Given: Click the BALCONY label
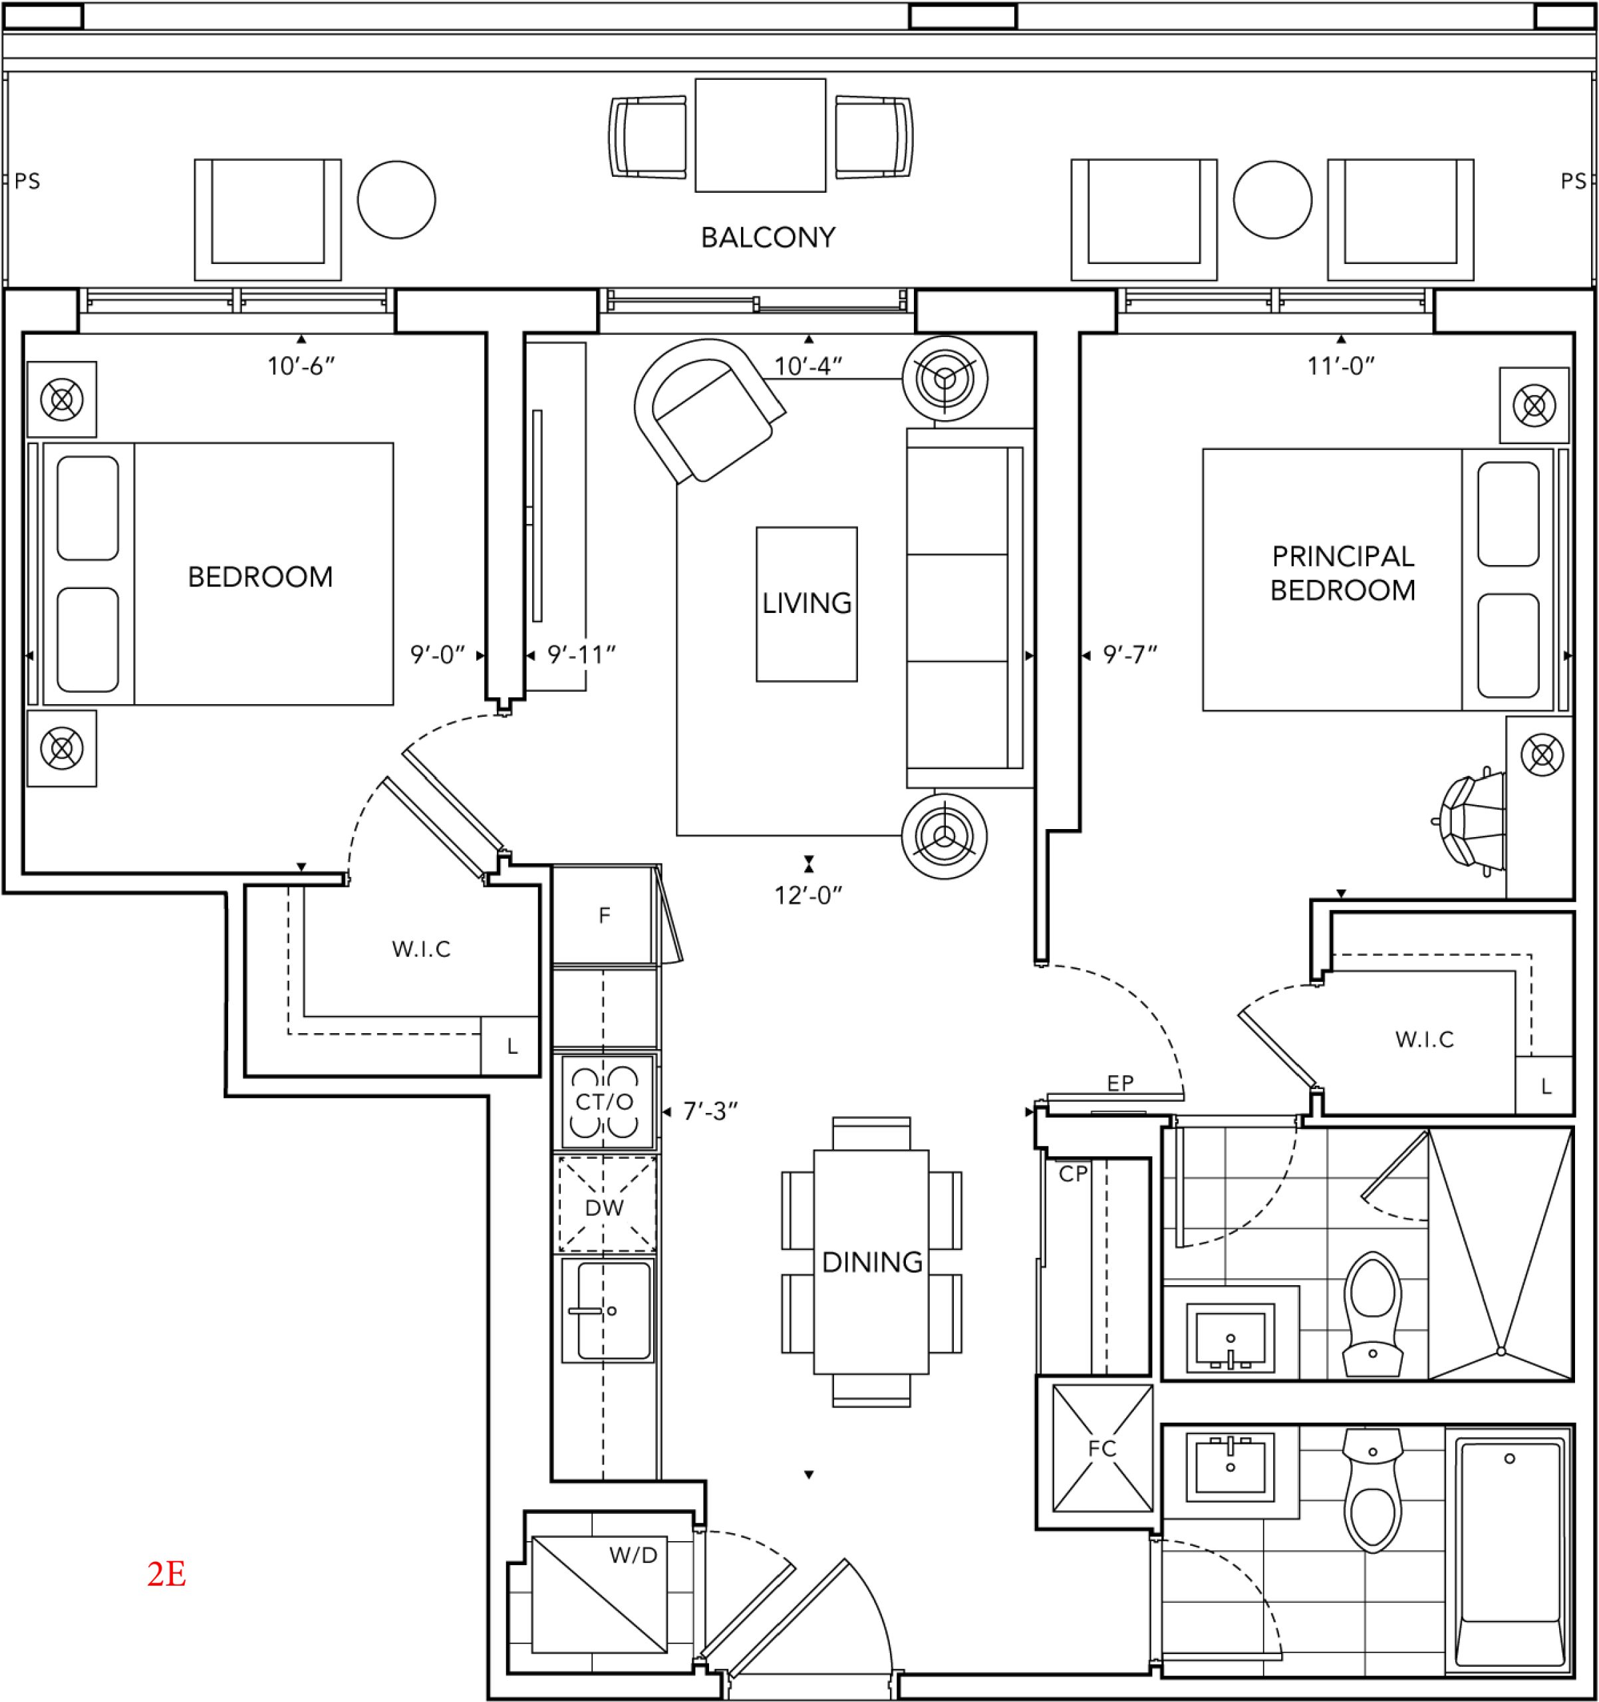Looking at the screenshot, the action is coord(768,237).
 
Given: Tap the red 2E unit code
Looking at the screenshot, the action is coord(167,1574).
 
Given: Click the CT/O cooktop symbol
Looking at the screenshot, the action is coord(605,1101).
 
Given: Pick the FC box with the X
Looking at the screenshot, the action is coord(1102,1449).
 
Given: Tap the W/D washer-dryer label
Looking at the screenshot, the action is coord(634,1556).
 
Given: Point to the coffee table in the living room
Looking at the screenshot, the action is coord(807,604).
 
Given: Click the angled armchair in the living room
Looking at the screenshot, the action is coord(708,410).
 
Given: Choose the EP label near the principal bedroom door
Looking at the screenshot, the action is coord(1120,1083).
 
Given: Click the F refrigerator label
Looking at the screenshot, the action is coord(605,916).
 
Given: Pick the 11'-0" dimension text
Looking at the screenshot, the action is coord(1341,366).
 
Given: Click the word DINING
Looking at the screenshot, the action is coord(872,1262).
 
